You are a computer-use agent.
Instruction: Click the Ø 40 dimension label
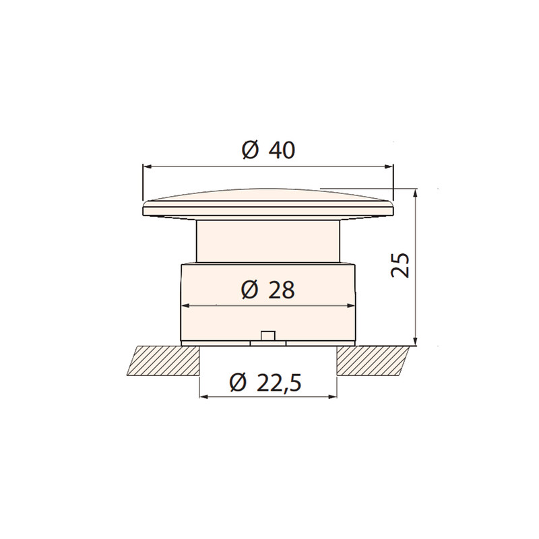point(268,150)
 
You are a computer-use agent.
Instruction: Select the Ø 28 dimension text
point(268,290)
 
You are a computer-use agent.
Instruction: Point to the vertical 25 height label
point(400,265)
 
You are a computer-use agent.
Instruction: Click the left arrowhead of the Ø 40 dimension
point(147,166)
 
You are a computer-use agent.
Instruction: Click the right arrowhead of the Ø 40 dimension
point(389,166)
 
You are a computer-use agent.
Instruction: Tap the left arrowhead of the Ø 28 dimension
point(186,305)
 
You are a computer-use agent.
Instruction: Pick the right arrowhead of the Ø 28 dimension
point(350,305)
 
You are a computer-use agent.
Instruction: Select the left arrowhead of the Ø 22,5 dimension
point(204,397)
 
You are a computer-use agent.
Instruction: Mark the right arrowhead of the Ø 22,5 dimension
point(332,397)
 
